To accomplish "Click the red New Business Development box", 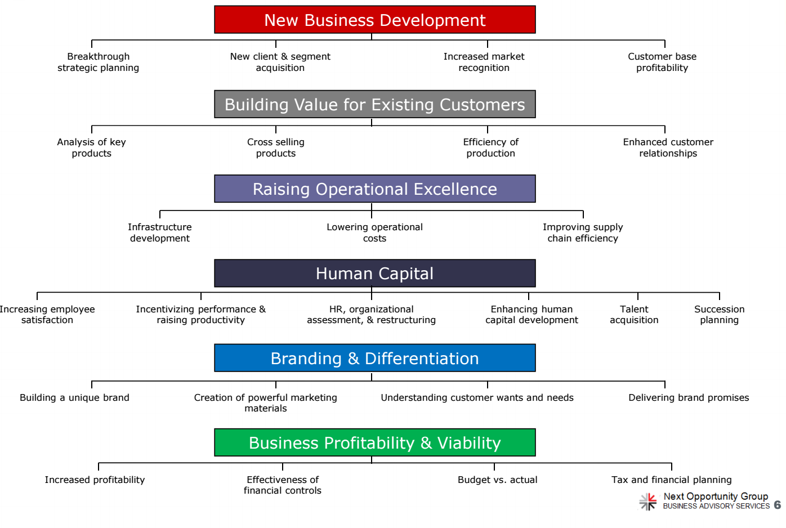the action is coord(375,20).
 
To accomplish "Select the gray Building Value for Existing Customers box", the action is coord(375,104).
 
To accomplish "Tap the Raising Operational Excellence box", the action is coord(375,189).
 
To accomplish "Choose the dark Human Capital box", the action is coord(375,274).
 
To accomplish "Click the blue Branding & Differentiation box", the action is coord(375,358).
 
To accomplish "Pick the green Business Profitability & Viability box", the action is coord(375,442).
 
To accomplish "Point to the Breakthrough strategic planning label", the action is coord(98,62).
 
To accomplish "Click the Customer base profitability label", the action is coord(662,62).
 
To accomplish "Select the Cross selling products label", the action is coord(276,147).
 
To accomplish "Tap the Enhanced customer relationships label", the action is coord(668,147).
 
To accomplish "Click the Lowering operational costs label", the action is coord(375,232).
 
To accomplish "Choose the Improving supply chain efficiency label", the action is coord(583,232).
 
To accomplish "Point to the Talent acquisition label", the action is coord(634,315).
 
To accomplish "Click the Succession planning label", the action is coord(720,315).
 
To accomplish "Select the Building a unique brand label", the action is coord(74,397).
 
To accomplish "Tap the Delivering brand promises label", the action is coord(689,397).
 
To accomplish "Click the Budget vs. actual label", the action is coord(497,480).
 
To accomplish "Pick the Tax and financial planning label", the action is coord(671,480).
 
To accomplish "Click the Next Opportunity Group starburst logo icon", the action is coord(647,502).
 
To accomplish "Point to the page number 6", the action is coord(778,505).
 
